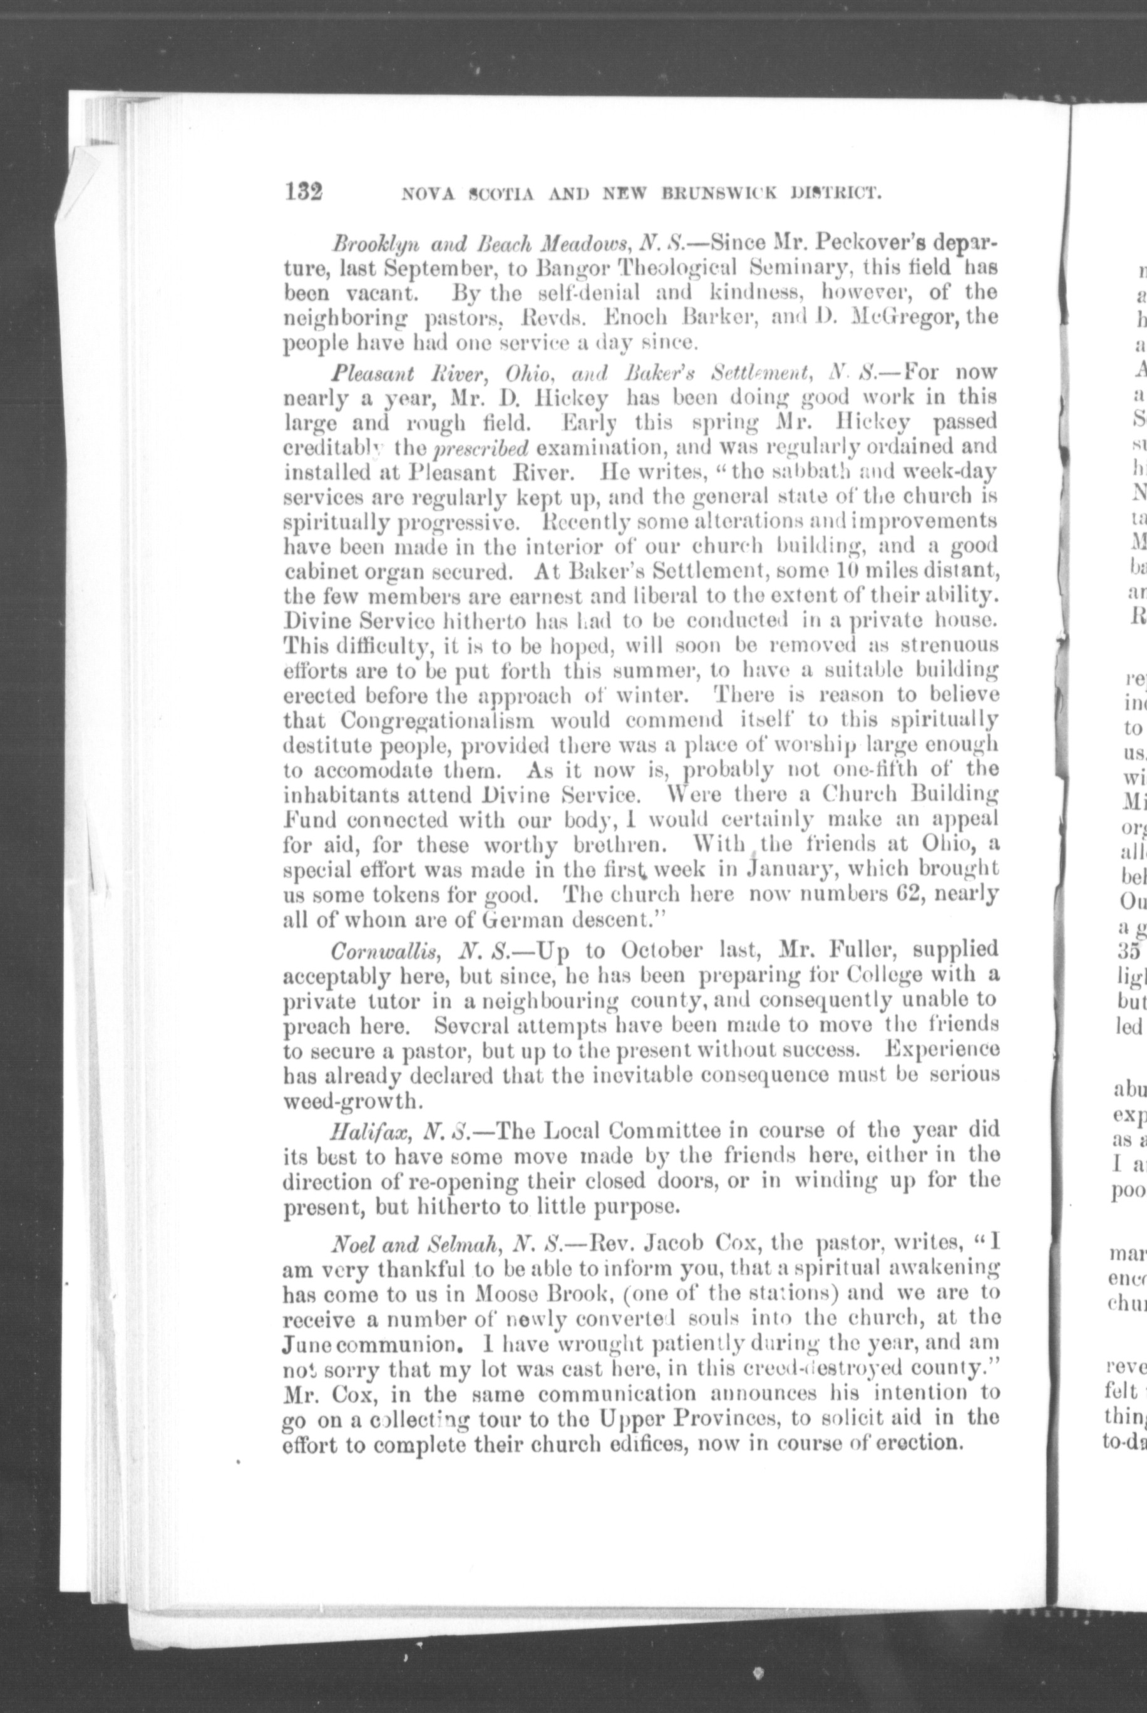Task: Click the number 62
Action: tap(894, 894)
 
